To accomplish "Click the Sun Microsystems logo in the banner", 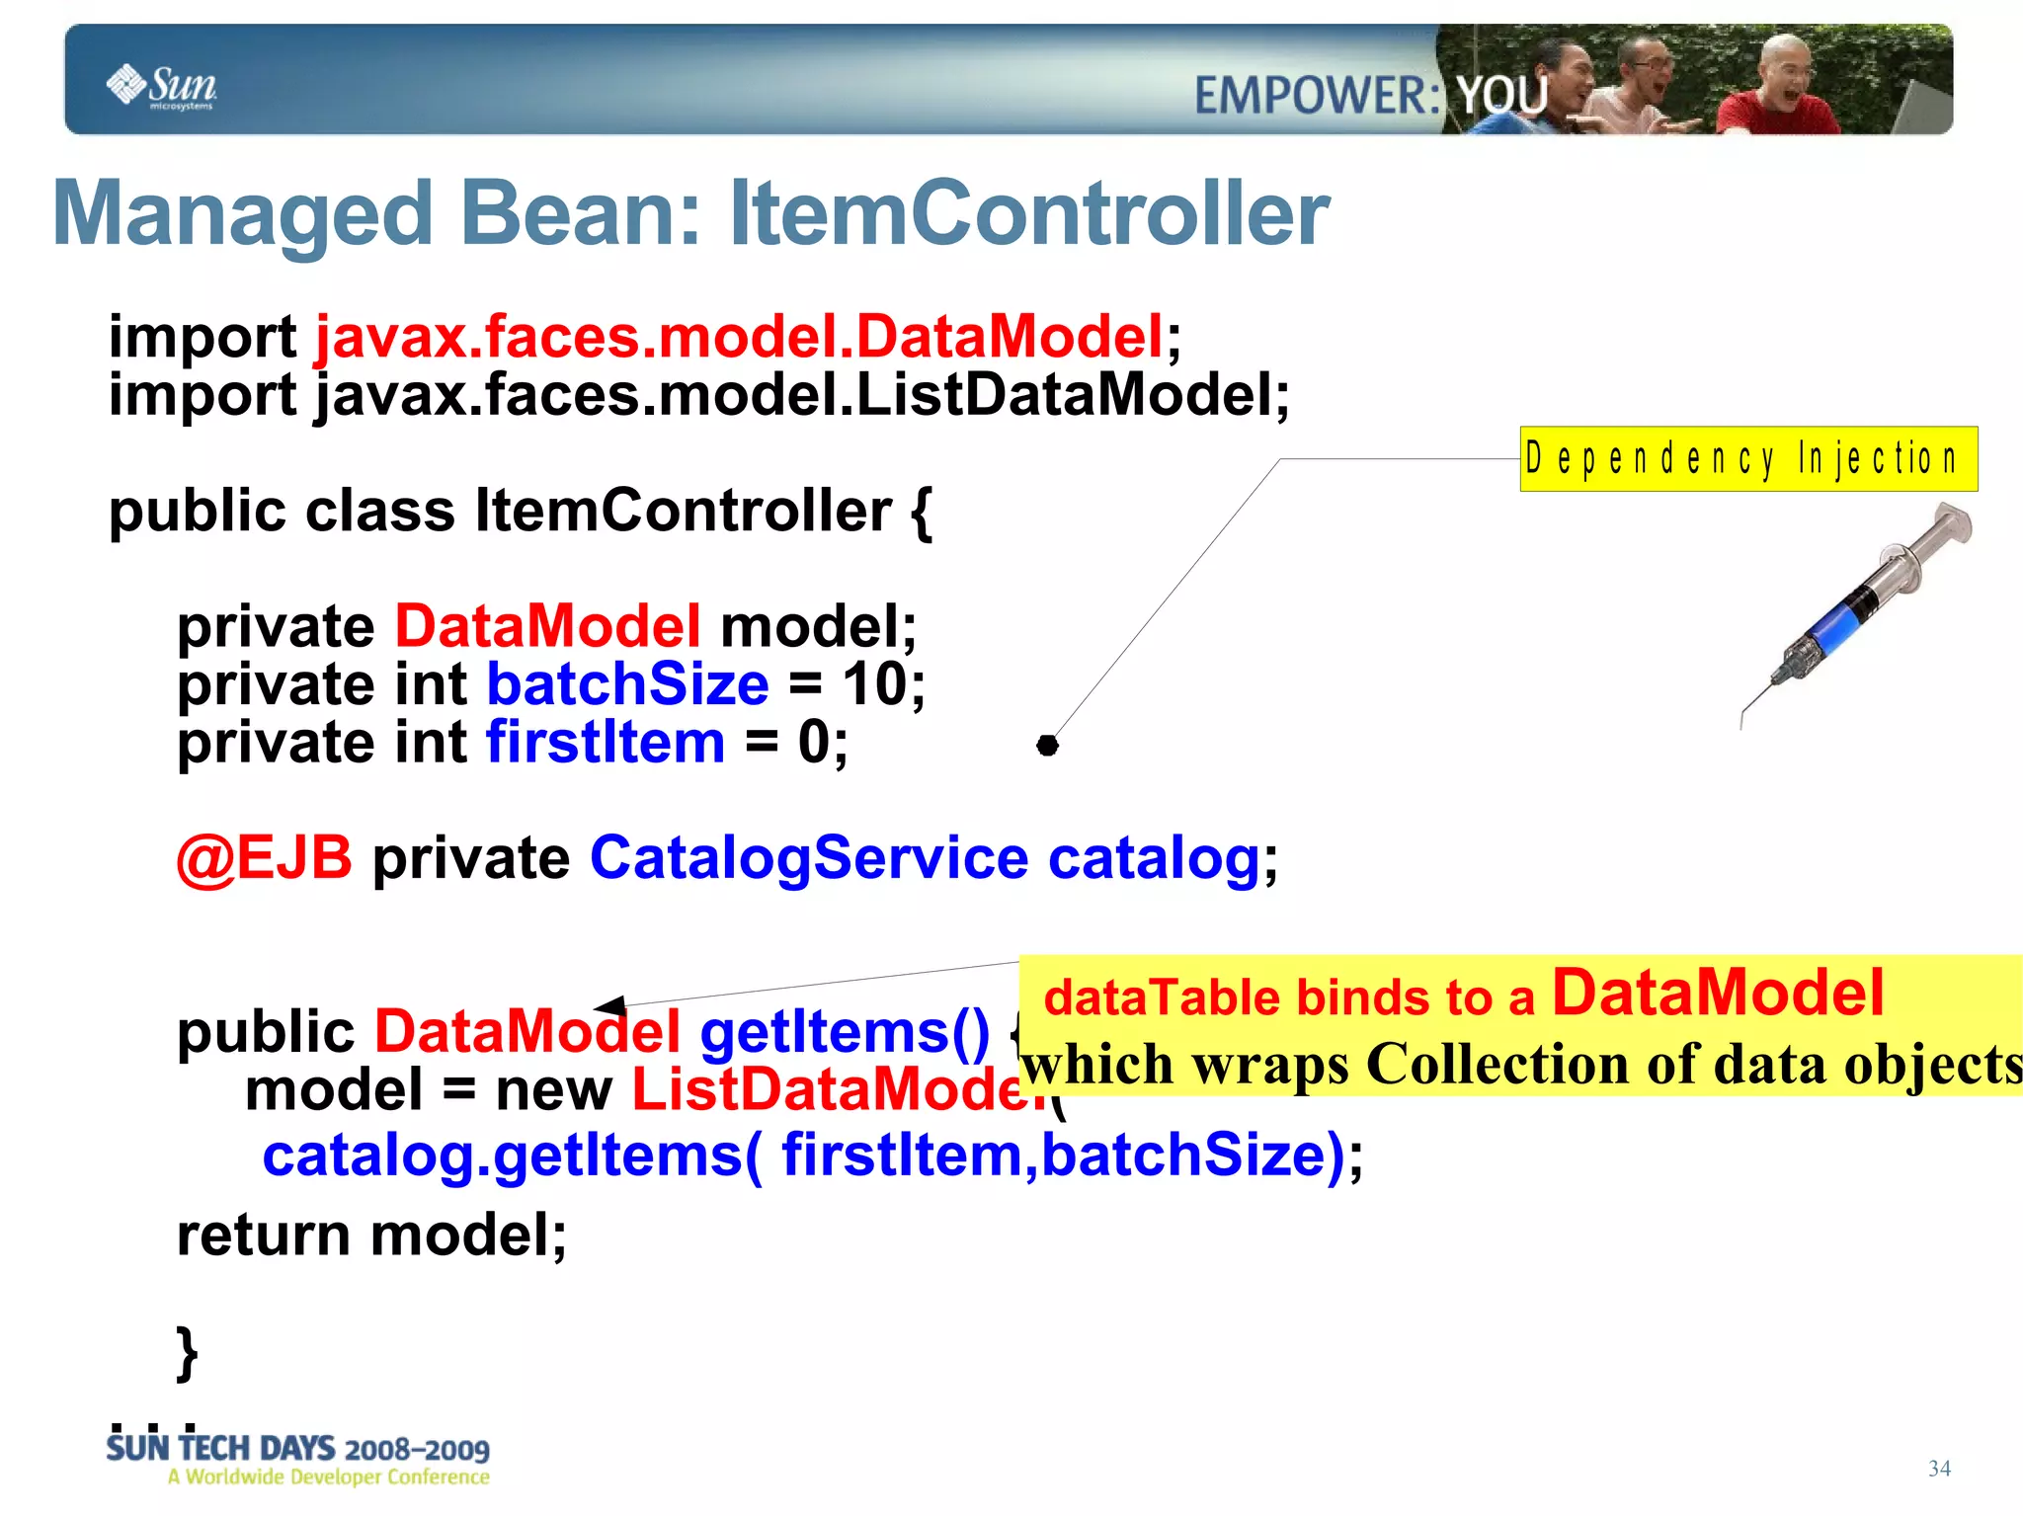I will [x=161, y=86].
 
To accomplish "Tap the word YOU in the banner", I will [x=1502, y=97].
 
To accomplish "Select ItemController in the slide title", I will [x=1028, y=214].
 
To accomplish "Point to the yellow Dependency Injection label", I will [x=1747, y=459].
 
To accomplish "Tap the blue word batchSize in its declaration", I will [x=627, y=684].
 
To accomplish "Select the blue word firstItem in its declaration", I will [x=606, y=743].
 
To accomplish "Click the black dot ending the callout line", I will [x=1047, y=746].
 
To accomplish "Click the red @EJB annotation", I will [x=265, y=857].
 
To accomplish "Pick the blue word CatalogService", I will [x=809, y=857].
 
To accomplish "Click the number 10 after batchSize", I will [x=876, y=684].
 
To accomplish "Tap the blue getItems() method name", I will [x=845, y=1032].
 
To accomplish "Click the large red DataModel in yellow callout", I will [x=1718, y=993].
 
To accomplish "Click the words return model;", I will [x=371, y=1236].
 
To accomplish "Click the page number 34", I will [x=1938, y=1469].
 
